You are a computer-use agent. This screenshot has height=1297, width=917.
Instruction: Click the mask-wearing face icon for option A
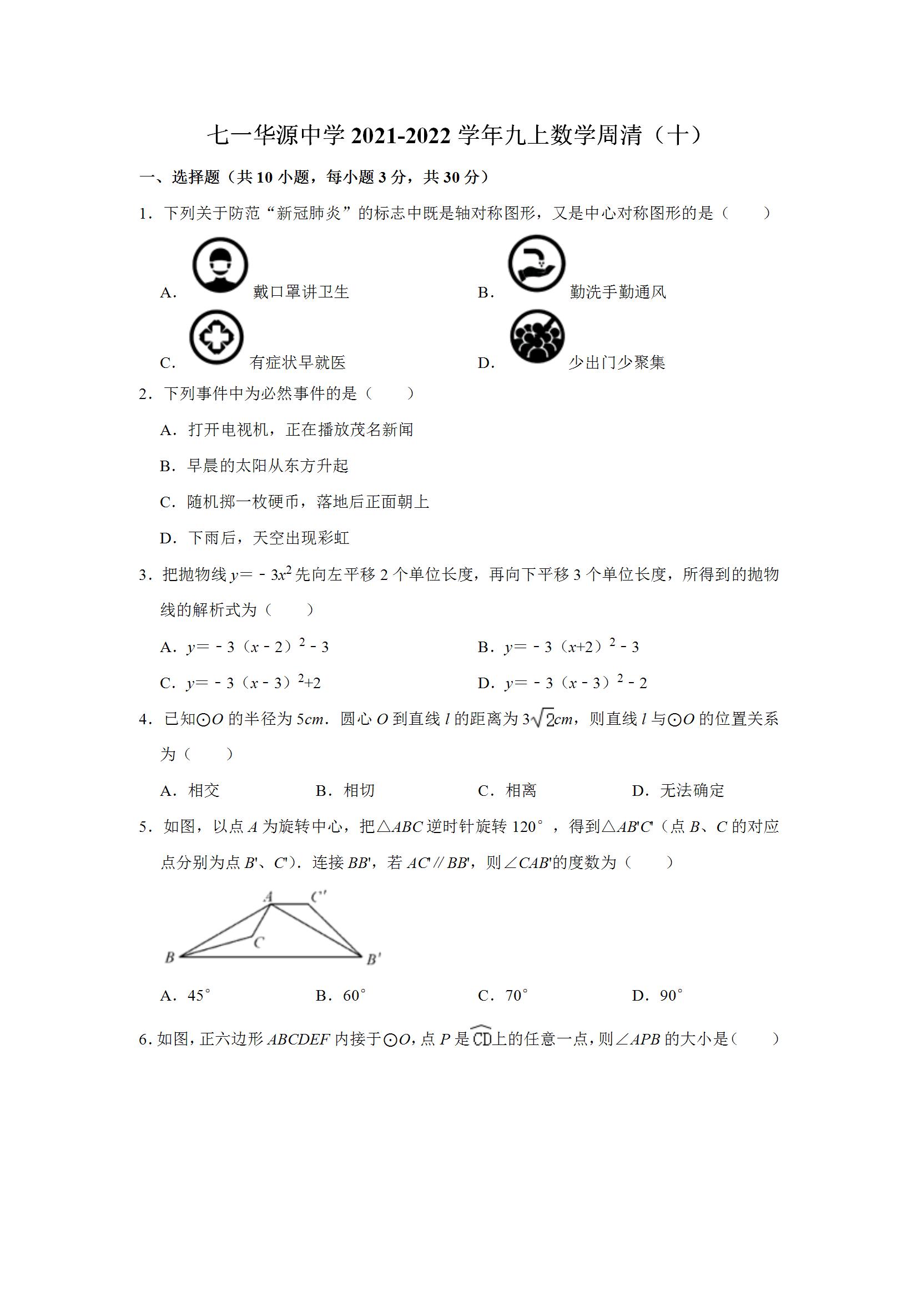click(x=220, y=265)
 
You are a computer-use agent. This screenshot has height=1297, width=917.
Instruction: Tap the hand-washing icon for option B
click(x=536, y=264)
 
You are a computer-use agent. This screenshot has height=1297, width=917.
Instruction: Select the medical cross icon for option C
click(x=216, y=337)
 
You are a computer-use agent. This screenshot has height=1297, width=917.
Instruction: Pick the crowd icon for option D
click(x=537, y=336)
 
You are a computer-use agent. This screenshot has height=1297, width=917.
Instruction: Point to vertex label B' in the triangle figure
click(x=374, y=959)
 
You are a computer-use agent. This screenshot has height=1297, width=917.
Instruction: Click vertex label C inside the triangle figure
click(x=259, y=942)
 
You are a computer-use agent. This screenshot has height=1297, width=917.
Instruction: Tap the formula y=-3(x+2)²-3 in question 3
click(x=571, y=647)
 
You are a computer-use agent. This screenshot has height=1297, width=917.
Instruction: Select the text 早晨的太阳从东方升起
click(x=268, y=466)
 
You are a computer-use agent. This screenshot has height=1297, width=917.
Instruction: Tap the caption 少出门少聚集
click(x=616, y=362)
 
